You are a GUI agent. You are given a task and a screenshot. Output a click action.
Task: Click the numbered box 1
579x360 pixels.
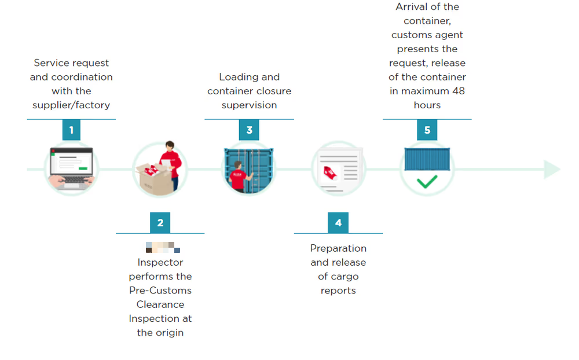coord(71,130)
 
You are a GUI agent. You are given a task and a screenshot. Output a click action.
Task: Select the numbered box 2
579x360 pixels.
coord(160,223)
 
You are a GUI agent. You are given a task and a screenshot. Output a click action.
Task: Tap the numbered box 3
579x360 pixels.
coord(249,130)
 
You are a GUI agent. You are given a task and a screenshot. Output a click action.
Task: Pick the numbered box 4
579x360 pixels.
coord(338,223)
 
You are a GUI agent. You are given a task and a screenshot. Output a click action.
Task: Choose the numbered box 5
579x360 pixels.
coord(427,130)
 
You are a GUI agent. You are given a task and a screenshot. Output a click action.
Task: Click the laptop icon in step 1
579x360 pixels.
coord(71,168)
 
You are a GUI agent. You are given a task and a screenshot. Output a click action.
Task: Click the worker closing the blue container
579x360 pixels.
coord(239,176)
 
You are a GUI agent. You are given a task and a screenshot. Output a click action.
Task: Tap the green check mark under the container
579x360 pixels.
coord(427,182)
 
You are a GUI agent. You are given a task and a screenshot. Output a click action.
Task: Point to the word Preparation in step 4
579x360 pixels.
coord(338,248)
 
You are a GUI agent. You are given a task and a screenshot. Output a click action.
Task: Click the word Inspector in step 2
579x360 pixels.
coord(160,262)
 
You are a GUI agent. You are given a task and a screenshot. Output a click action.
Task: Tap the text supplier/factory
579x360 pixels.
coord(71,105)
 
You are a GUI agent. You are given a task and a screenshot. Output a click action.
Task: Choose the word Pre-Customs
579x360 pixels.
coord(160,291)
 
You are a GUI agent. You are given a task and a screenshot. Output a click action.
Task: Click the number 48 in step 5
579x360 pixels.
coord(458,91)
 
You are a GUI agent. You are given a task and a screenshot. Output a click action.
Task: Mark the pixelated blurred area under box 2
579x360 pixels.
coord(163,247)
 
